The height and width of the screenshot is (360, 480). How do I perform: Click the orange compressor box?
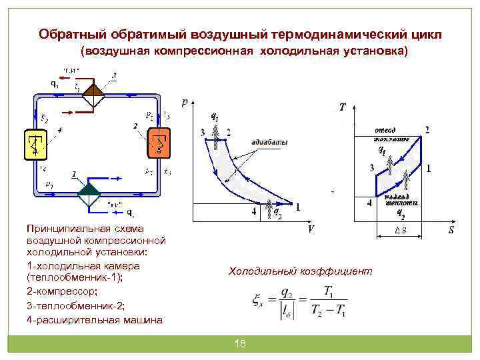[x=157, y=144]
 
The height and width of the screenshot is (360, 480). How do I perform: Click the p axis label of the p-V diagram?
[x=185, y=102]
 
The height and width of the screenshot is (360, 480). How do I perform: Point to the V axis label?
[x=311, y=229]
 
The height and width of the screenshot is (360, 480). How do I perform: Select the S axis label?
[x=451, y=231]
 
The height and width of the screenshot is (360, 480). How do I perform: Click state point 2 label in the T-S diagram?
[x=427, y=129]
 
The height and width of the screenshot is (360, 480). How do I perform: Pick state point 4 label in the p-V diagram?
[x=253, y=211]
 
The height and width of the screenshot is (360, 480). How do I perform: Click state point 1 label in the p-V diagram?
[x=297, y=207]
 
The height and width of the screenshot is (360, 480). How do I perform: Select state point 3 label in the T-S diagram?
[x=371, y=167]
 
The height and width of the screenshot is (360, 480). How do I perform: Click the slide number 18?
[x=240, y=343]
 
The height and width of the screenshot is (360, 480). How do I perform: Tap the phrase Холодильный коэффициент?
[x=301, y=271]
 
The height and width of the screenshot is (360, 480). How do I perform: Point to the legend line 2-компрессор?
[x=61, y=291]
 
